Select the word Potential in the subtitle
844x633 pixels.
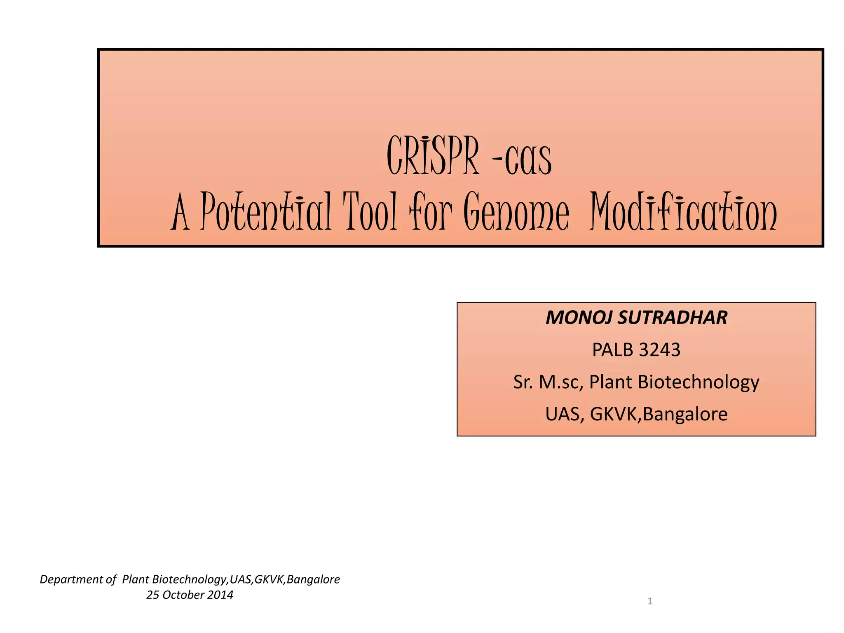[266, 212]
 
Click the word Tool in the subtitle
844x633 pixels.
[371, 212]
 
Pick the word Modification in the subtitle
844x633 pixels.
[683, 212]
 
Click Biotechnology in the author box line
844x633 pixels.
[699, 382]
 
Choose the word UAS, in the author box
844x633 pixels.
[565, 414]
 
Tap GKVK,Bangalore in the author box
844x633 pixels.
[659, 414]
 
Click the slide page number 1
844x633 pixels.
[650, 601]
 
